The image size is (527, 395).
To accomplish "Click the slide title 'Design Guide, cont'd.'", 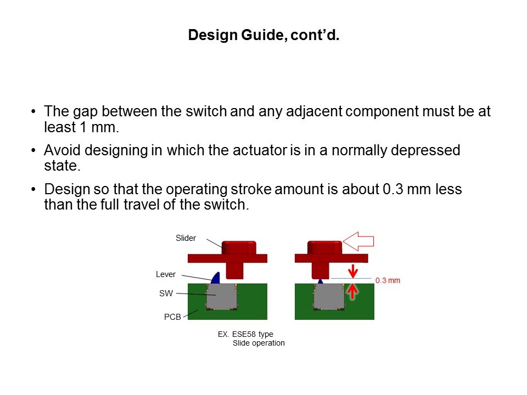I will click(263, 36).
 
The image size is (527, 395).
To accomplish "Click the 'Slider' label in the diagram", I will click(186, 238).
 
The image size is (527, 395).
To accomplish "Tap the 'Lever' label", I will click(166, 274).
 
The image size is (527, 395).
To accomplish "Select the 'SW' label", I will click(166, 294).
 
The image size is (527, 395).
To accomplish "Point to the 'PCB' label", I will click(172, 317).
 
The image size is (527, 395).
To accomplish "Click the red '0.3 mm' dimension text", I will click(388, 280).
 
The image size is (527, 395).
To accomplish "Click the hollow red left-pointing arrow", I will click(358, 240).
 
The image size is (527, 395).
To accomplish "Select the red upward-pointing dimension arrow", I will click(352, 289).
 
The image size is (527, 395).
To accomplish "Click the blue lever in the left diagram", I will click(215, 278).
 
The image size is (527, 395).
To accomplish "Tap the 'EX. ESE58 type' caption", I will click(245, 334).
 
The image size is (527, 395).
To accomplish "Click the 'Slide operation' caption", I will click(259, 343).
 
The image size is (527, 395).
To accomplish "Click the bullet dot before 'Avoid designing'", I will click(34, 150).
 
